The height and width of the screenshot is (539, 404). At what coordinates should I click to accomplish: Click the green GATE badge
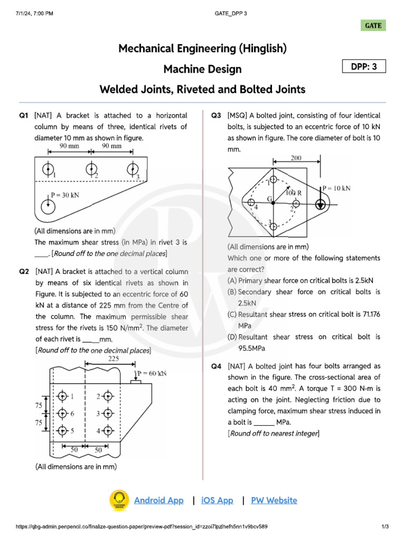coord(373,25)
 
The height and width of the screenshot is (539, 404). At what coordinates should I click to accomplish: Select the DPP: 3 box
coord(364,67)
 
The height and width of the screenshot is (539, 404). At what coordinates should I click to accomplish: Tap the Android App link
coord(159,500)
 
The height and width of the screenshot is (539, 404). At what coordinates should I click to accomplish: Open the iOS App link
coord(217,500)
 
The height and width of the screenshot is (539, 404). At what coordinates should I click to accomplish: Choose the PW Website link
coord(274,500)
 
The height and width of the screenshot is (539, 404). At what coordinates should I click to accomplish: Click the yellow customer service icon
coord(119,500)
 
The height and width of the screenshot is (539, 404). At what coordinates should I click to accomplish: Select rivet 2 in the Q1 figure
coord(92,169)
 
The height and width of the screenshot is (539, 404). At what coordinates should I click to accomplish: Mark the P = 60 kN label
coord(153,373)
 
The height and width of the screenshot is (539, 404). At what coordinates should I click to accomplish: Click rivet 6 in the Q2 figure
coord(63,413)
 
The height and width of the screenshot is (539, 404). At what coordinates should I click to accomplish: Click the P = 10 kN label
coord(337,188)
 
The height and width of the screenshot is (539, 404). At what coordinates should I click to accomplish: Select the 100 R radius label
coord(294,193)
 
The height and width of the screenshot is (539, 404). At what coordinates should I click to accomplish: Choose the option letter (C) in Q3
coord(231,314)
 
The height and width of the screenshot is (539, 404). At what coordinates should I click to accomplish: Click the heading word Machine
coord(184,69)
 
